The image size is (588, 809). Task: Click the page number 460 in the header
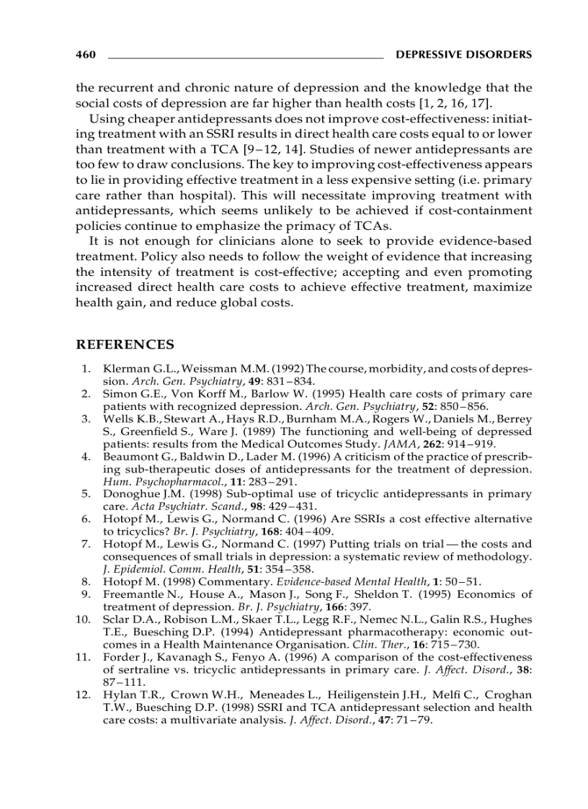tap(86, 55)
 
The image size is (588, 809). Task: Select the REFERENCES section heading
tap(125, 345)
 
